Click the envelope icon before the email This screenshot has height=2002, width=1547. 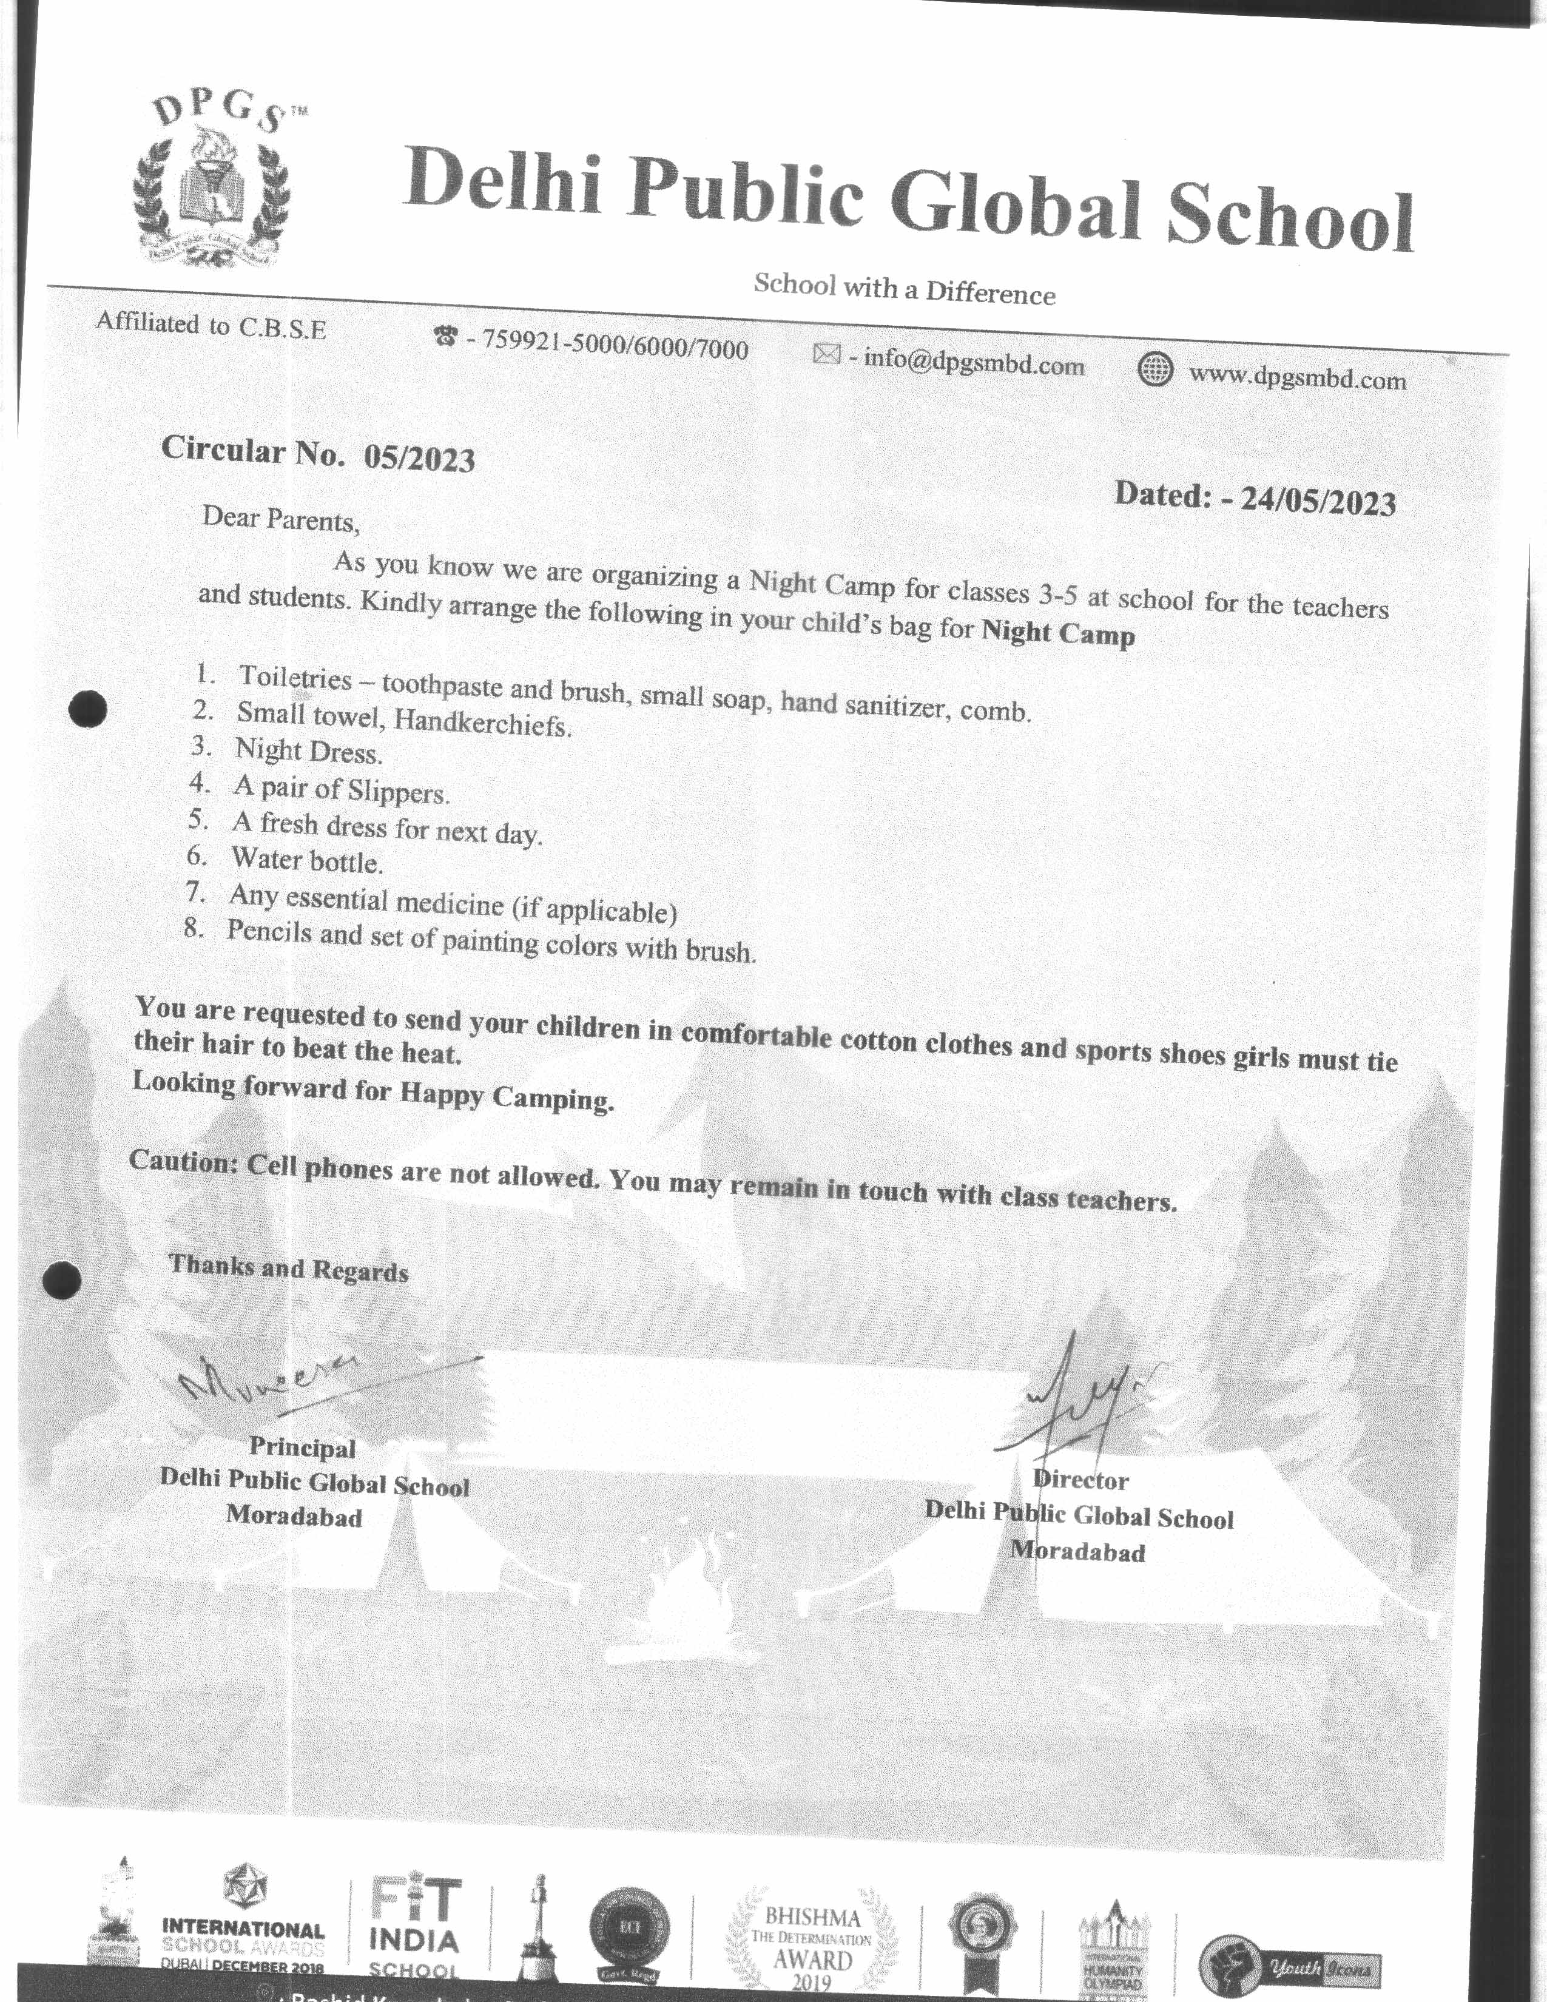pos(827,354)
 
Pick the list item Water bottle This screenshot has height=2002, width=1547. pos(306,860)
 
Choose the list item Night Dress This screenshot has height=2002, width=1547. pos(308,752)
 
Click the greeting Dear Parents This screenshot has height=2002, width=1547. pos(280,519)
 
